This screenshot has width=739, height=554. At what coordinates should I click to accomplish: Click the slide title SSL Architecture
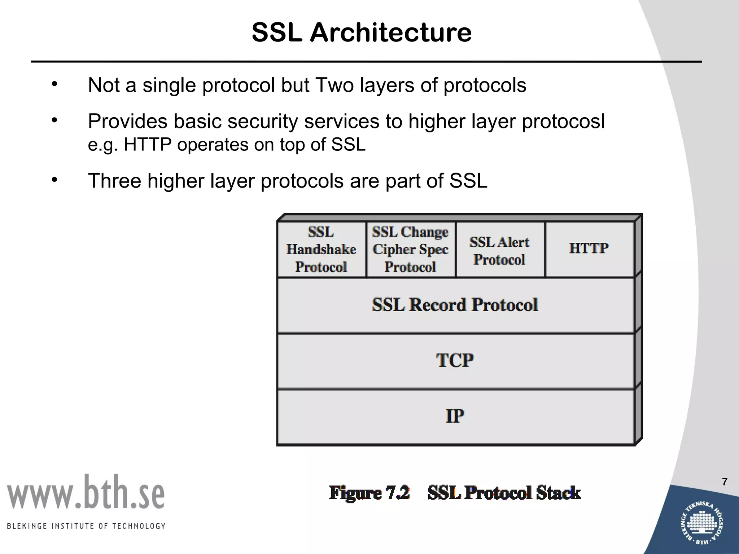pos(362,32)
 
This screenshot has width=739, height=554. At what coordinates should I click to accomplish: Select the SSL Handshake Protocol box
pos(321,249)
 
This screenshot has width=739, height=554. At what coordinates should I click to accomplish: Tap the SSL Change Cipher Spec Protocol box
pos(410,249)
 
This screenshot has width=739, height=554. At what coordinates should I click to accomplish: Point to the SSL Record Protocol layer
pos(455,305)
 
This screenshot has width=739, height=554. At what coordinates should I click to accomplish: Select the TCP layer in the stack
pos(455,360)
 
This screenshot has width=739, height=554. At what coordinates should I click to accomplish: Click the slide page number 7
pos(725,482)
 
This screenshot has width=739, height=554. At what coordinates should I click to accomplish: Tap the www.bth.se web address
pos(86,493)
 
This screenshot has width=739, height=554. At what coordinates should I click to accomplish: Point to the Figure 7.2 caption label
pos(369,493)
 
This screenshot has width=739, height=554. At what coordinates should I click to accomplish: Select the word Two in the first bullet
pos(334,85)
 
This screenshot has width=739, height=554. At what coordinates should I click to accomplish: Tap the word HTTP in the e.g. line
pos(147,145)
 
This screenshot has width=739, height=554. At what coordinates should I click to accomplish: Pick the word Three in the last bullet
pos(115,181)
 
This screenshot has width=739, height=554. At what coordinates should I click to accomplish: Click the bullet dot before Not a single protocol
pos(54,84)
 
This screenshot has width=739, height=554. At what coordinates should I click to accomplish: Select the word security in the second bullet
pos(262,122)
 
